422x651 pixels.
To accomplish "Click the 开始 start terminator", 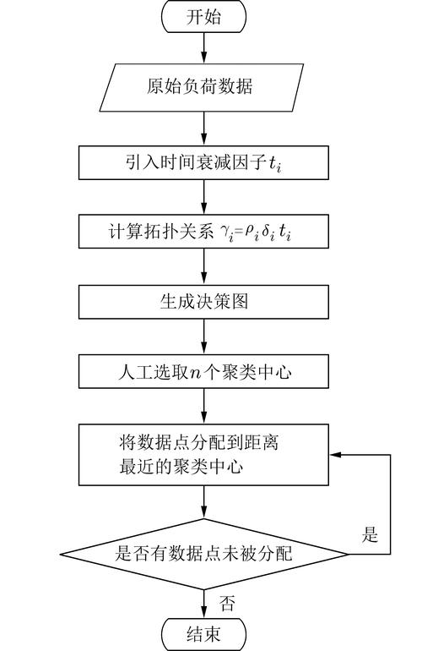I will pos(203,17).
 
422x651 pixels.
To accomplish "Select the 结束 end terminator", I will pos(203,634).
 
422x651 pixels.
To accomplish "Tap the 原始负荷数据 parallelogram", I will pos(203,87).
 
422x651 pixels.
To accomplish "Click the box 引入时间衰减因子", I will pos(203,162).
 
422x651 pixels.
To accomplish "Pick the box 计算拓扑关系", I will pos(203,232).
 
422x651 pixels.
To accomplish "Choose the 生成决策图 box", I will pos(203,301).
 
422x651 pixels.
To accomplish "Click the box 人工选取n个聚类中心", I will pos(203,370).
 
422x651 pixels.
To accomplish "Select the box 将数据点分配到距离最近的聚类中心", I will pos(203,455).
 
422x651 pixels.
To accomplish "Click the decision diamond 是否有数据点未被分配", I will pos(203,554).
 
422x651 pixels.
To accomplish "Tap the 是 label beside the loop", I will pos(370,535).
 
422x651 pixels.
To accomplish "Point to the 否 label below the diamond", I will pos(227,602).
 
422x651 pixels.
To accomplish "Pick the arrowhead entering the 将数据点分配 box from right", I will pos(335,455).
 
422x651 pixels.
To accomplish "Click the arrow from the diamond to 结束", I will pos(203,602).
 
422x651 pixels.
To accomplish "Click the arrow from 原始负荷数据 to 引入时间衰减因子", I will pos(203,128).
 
